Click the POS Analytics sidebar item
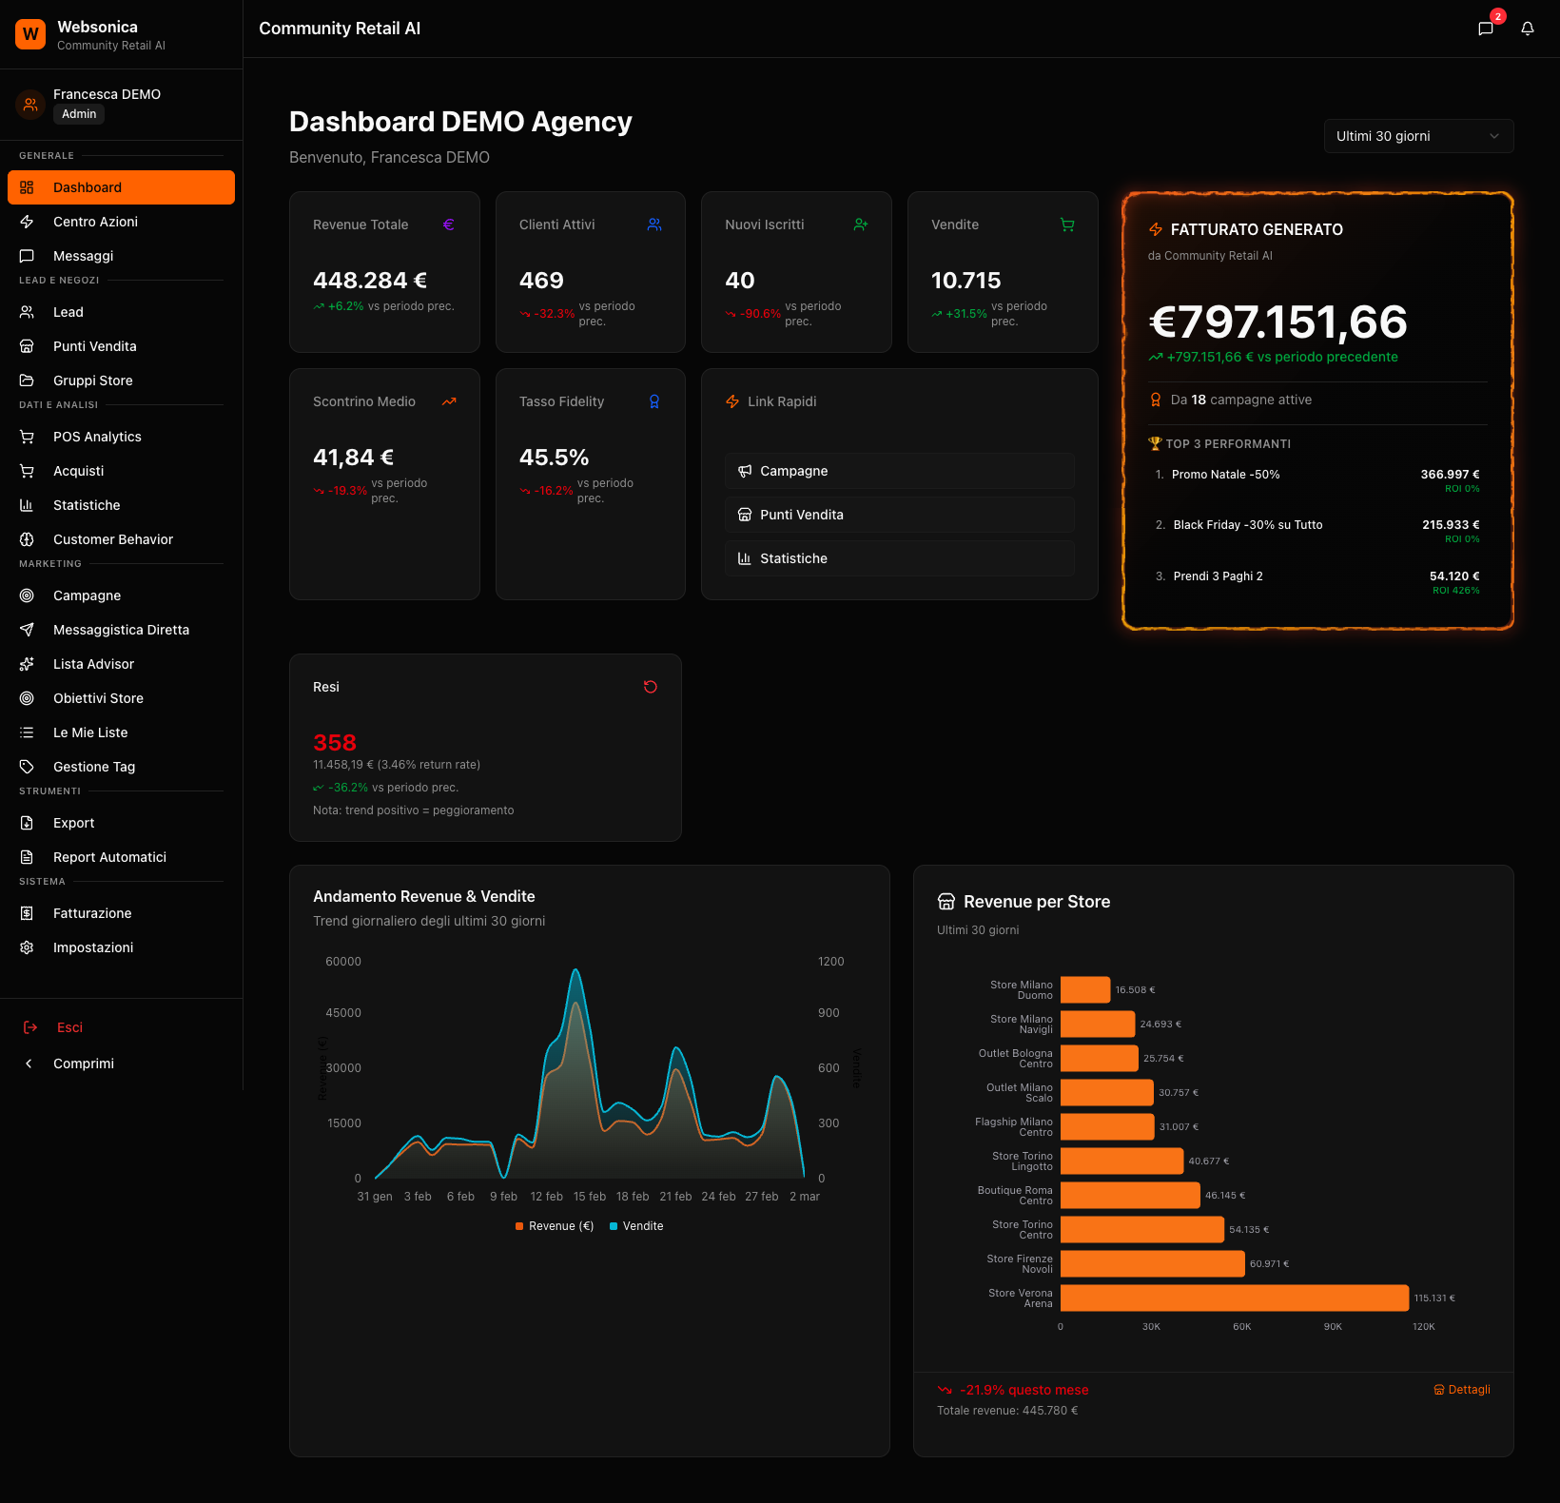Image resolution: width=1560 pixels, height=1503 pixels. coord(97,437)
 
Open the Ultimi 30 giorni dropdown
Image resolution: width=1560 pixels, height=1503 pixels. coord(1417,136)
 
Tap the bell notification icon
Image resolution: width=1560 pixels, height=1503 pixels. coord(1527,29)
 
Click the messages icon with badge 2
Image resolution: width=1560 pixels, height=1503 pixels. coord(1485,29)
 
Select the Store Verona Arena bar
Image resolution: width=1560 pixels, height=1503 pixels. coord(1234,1298)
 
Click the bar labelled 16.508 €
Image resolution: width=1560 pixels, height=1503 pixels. coord(1084,990)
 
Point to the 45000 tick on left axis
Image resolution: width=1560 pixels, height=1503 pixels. coord(343,1013)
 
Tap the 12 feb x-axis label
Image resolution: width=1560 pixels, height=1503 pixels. coord(546,1197)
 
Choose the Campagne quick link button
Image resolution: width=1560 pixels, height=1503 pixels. coord(899,471)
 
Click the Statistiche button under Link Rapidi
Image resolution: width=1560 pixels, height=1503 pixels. coord(899,558)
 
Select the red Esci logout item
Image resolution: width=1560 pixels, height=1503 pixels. coord(68,1027)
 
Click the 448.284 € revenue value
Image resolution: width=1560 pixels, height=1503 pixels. coord(369,281)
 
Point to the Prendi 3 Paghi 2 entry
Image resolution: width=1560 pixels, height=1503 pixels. coord(1218,576)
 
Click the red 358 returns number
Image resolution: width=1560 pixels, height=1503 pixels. coord(335,743)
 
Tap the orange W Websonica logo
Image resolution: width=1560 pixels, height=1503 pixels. coord(30,34)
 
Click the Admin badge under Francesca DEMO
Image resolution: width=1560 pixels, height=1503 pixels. coord(79,114)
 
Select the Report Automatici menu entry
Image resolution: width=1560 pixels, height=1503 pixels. coord(109,857)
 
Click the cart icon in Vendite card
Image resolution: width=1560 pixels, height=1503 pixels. coord(1067,225)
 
